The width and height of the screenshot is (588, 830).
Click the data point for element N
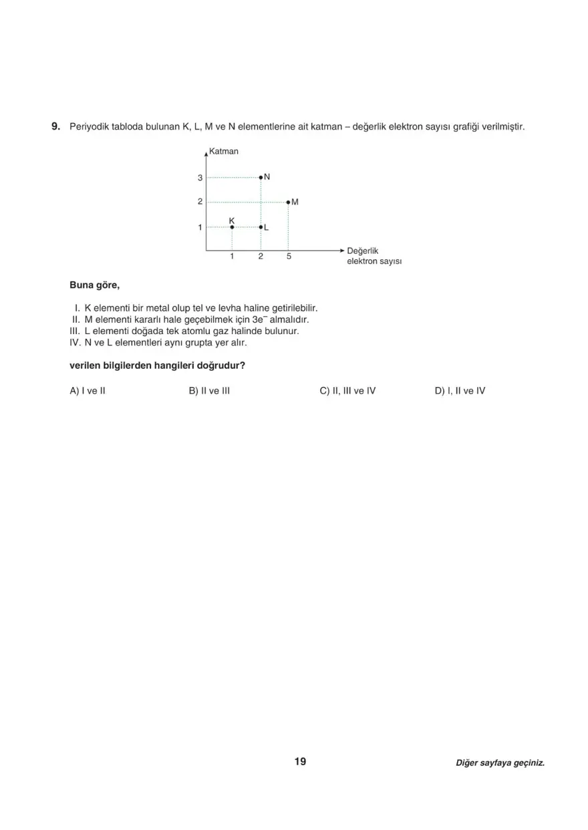[261, 177]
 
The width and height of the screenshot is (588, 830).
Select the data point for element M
[288, 201]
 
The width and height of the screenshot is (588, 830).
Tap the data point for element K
[232, 227]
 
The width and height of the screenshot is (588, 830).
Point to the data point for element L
[261, 227]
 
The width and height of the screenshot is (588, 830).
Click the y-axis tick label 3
[200, 178]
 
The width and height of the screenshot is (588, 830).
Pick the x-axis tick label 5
[288, 257]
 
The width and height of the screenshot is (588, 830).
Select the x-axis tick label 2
[261, 257]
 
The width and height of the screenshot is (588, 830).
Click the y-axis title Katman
[224, 151]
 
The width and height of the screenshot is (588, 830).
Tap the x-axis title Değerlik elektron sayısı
[374, 256]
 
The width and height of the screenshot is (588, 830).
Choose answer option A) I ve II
[88, 391]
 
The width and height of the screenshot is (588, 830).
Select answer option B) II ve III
[209, 391]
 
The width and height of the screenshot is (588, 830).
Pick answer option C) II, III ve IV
[347, 391]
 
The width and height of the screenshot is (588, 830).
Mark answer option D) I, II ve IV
[460, 391]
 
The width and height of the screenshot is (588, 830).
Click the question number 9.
[56, 126]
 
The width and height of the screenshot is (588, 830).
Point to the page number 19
[300, 762]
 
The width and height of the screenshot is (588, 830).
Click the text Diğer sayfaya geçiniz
[500, 763]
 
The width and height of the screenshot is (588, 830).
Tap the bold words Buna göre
[95, 285]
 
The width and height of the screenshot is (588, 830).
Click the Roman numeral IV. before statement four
[75, 342]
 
